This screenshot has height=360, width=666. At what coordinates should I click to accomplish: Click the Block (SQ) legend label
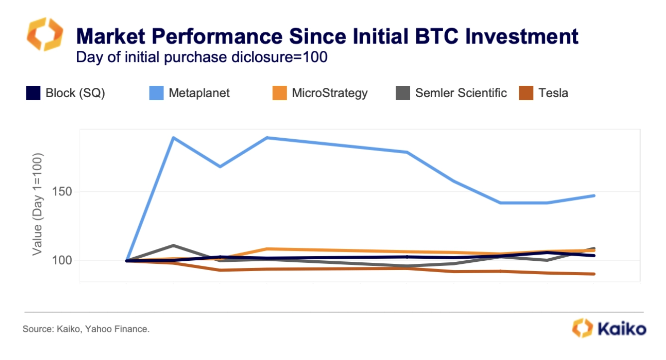click(75, 93)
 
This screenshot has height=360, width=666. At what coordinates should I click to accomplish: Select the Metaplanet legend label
click(199, 93)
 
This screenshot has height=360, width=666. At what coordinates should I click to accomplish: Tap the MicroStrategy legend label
click(330, 93)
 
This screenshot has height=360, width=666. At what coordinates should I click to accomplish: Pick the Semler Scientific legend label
click(461, 93)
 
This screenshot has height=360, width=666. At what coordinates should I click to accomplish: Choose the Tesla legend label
click(553, 93)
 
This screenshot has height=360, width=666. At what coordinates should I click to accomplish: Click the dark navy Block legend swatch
click(33, 93)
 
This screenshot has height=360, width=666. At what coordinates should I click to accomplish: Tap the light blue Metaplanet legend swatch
click(157, 93)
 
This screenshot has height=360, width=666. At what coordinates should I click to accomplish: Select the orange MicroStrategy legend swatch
click(280, 93)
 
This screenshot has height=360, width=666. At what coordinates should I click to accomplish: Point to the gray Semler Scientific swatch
click(403, 93)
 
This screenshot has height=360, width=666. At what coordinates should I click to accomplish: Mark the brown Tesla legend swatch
click(526, 93)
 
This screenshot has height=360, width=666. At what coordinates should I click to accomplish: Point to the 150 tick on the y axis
click(62, 192)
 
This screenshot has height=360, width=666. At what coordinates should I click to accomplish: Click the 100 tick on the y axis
click(62, 260)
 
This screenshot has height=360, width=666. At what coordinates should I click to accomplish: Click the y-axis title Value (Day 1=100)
click(37, 204)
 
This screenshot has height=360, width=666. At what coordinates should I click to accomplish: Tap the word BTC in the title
click(437, 36)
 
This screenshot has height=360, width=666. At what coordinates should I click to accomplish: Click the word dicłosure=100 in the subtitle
click(279, 57)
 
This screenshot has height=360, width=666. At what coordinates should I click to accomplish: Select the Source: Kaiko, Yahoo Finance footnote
click(86, 329)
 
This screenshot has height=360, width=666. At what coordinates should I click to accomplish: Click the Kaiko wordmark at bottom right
click(622, 329)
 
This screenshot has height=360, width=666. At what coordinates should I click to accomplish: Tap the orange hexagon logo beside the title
click(45, 34)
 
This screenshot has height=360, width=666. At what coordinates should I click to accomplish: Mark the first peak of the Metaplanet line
click(173, 138)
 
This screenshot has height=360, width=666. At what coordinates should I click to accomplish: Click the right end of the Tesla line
click(594, 274)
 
